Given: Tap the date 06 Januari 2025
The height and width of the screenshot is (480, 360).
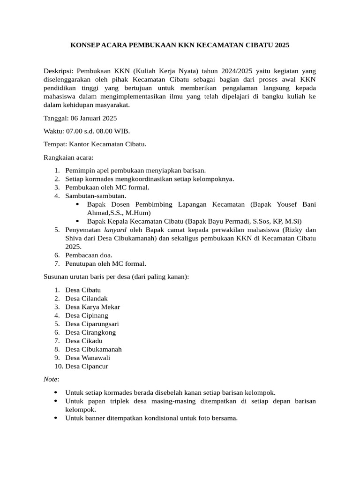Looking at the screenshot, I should coord(93,118).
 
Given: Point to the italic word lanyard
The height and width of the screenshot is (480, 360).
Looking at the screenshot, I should coord(116,230).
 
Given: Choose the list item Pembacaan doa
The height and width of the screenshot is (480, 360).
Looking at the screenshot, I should coord(89,255).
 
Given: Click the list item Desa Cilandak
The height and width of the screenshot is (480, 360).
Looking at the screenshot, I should coord(87,299).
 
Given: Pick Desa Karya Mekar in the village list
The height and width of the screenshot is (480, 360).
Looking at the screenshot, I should coord(93,307).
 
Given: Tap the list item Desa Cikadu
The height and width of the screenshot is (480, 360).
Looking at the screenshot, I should coord(84,341).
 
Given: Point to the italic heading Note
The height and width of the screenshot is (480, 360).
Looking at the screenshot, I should coord(51,379).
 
